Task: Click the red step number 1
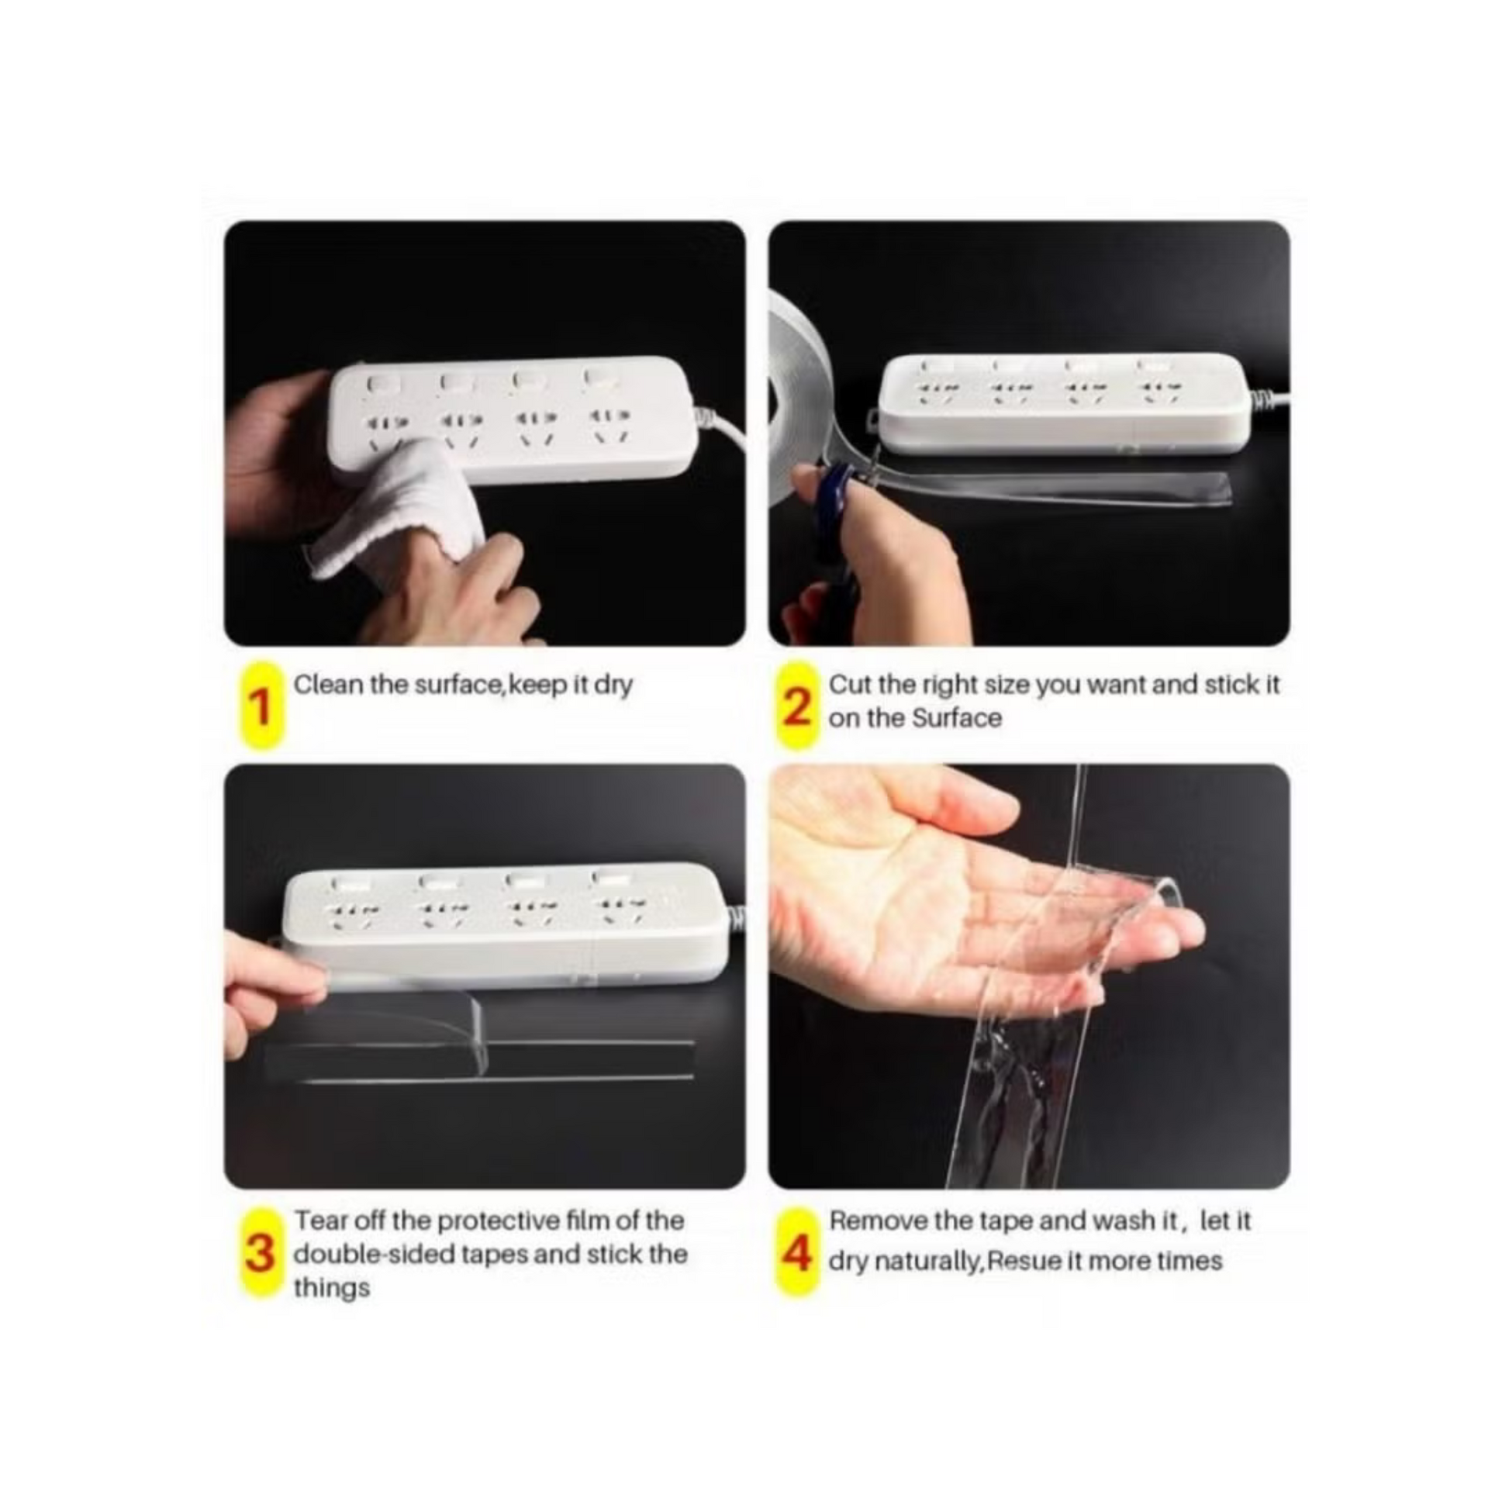pos(261,708)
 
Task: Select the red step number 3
pos(261,1253)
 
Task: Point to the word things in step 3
pos(331,1290)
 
